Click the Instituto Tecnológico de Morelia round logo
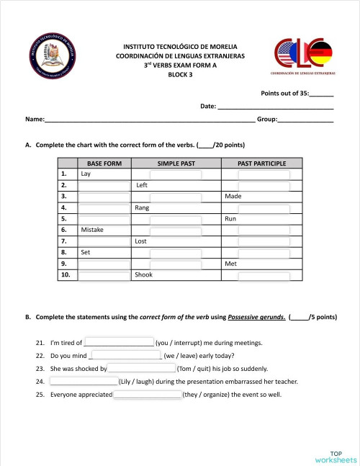pos(50,57)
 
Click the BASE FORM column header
pos(104,163)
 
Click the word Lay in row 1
pos(86,174)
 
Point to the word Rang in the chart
pos(142,207)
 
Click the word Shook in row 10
pos(144,274)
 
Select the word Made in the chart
pos(233,196)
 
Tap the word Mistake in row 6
pos(92,230)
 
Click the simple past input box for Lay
pos(176,174)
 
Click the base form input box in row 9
pos(104,264)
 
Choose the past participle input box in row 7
pos(264,241)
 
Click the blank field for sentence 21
pos(120,342)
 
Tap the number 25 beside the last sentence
pos(39,395)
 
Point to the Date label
pos(207,107)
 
